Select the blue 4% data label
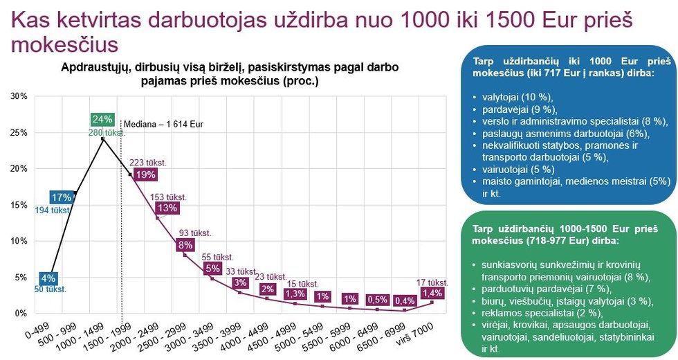[48, 279]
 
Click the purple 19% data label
[145, 174]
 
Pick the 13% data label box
[167, 208]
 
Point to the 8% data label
[185, 244]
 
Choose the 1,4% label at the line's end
[432, 293]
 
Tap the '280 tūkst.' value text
[106, 132]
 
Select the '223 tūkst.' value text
[148, 163]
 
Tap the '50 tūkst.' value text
[51, 289]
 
